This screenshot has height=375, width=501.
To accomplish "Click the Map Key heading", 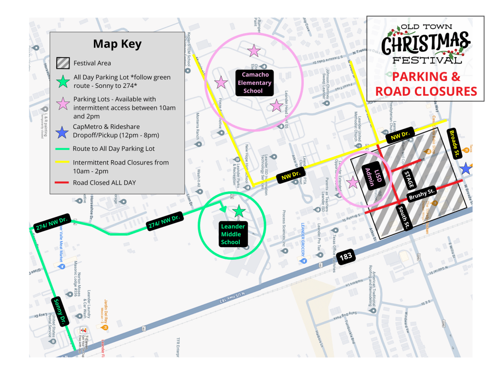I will pyautogui.click(x=117, y=44).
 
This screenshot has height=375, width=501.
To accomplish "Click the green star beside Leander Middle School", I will pyautogui.click(x=239, y=211).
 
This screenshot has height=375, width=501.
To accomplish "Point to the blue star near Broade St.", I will pyautogui.click(x=466, y=169).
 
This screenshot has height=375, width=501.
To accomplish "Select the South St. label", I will pyautogui.click(x=404, y=218).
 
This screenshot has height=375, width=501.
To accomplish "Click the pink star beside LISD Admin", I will pyautogui.click(x=352, y=182).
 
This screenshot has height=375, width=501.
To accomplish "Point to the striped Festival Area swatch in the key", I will pyautogui.click(x=62, y=63).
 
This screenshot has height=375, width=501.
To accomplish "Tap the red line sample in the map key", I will pyautogui.click(x=62, y=183).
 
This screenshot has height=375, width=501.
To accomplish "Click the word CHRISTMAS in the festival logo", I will pyautogui.click(x=425, y=44).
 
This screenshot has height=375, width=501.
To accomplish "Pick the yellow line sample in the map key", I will pyautogui.click(x=62, y=162).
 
